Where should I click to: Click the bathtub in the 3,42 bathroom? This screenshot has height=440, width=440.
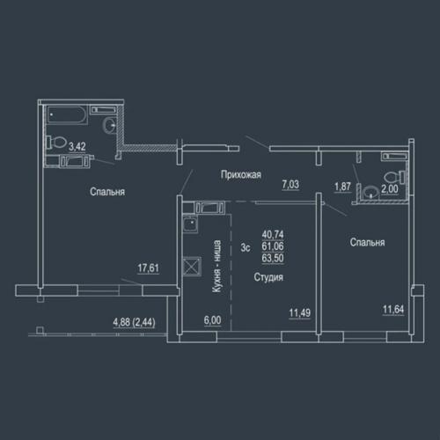tap(67, 115)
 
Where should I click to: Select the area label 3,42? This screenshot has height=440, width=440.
tap(77, 146)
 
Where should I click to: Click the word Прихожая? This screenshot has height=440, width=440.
tap(241, 175)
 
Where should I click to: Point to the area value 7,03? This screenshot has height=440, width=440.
tap(290, 185)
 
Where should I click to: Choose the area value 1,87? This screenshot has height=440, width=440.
tap(342, 187)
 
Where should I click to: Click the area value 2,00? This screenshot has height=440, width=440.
tap(390, 189)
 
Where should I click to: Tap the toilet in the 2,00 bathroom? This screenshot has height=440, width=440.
tap(394, 177)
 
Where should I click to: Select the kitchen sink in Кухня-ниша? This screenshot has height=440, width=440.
tap(190, 224)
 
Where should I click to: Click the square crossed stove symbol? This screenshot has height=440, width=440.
tap(192, 266)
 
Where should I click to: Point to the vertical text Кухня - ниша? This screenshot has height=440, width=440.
tap(216, 267)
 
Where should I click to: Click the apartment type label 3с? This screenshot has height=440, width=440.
tap(246, 247)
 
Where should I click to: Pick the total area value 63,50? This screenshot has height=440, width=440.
tap(273, 258)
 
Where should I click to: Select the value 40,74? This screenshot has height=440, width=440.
tap(273, 234)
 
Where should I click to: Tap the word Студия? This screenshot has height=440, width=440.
tap(268, 277)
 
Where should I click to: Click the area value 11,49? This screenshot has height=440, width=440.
tap(300, 312)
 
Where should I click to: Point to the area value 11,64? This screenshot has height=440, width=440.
tap(393, 309)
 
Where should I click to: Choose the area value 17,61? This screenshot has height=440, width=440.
tap(149, 268)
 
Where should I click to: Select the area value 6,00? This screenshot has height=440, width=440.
tap(213, 320)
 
